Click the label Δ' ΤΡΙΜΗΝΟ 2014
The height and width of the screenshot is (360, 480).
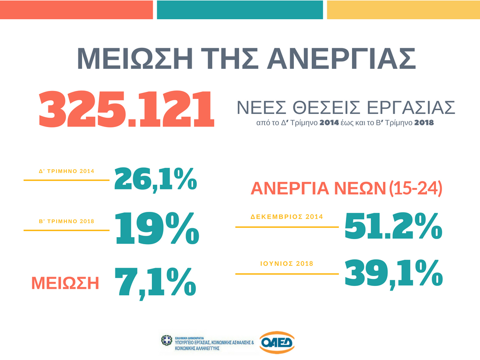pos(67,171)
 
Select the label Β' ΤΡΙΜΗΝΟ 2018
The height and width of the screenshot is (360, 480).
pos(67,221)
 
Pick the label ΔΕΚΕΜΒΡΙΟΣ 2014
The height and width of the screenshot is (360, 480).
pos(287,217)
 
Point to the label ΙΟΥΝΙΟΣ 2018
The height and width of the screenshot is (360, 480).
pos(287,264)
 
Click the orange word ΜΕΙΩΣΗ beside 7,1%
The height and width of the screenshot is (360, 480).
pos(65,283)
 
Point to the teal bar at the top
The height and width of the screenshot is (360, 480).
pos(240,10)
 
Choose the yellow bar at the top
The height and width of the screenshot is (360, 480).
pos(403,10)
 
